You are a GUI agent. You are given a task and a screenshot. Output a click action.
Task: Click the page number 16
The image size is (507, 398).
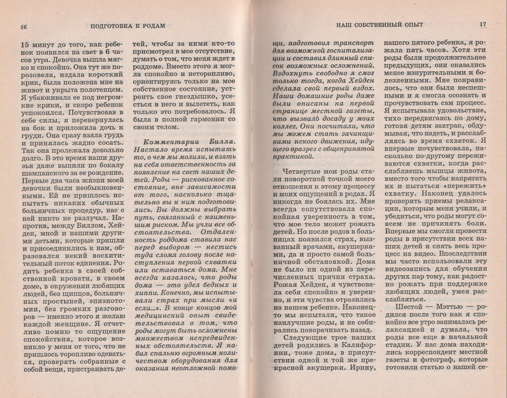click(x=23, y=26)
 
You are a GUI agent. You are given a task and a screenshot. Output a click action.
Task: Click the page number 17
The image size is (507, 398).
click(x=483, y=24)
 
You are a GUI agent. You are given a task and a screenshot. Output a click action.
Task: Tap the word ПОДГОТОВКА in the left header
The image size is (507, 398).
click(x=114, y=26)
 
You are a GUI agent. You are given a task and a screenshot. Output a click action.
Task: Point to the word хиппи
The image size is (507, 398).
click(x=145, y=294)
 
